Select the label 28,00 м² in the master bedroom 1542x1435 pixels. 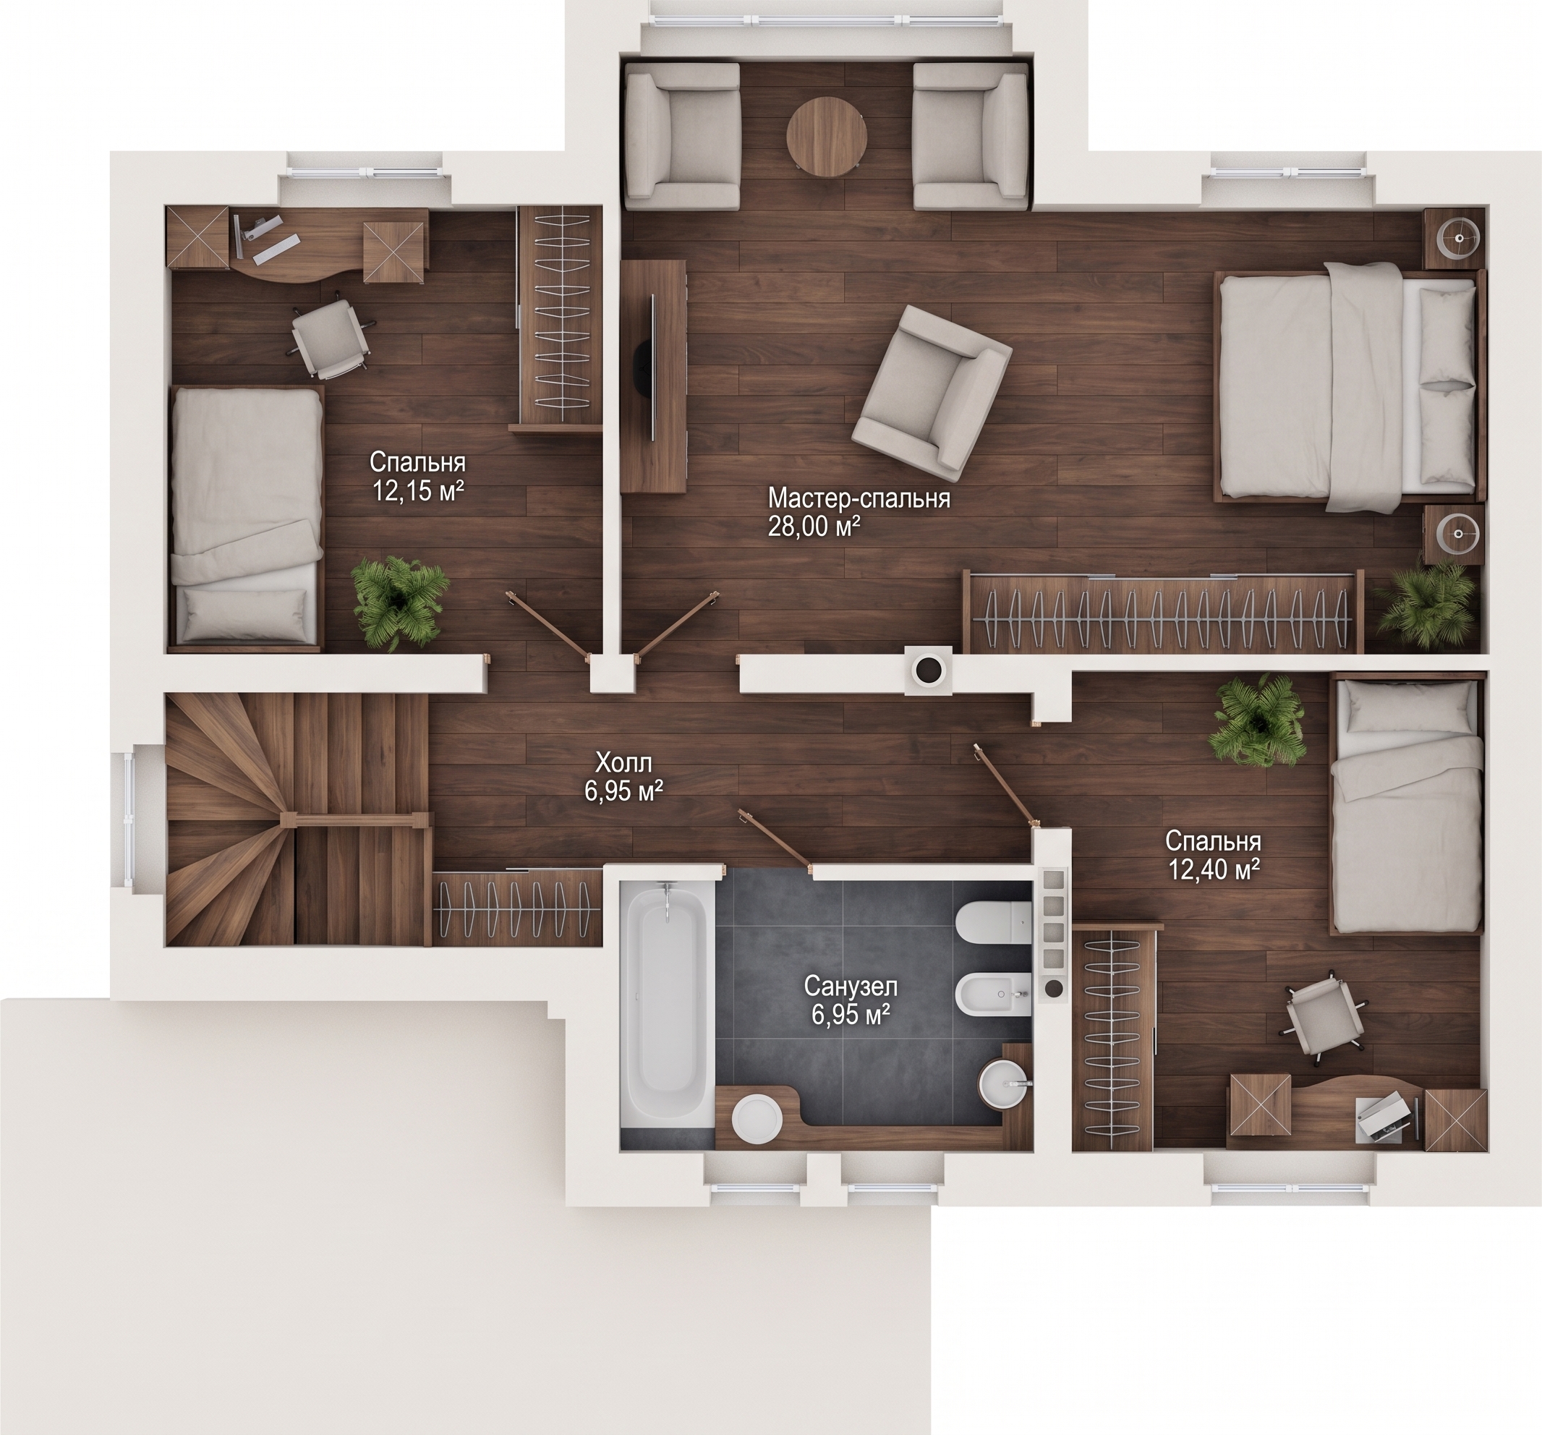[814, 527]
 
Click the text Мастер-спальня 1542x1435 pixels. [859, 498]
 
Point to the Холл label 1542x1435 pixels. [623, 762]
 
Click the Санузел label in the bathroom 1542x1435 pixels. [850, 987]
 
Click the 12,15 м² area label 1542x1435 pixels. [419, 491]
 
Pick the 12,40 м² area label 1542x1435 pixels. [1213, 870]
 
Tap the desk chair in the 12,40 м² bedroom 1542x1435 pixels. [1326, 1014]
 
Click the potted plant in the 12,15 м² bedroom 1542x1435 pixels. [398, 602]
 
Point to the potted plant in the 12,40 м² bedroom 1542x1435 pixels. [1258, 720]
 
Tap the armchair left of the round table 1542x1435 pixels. [683, 137]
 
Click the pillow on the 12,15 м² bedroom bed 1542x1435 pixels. [242, 611]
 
